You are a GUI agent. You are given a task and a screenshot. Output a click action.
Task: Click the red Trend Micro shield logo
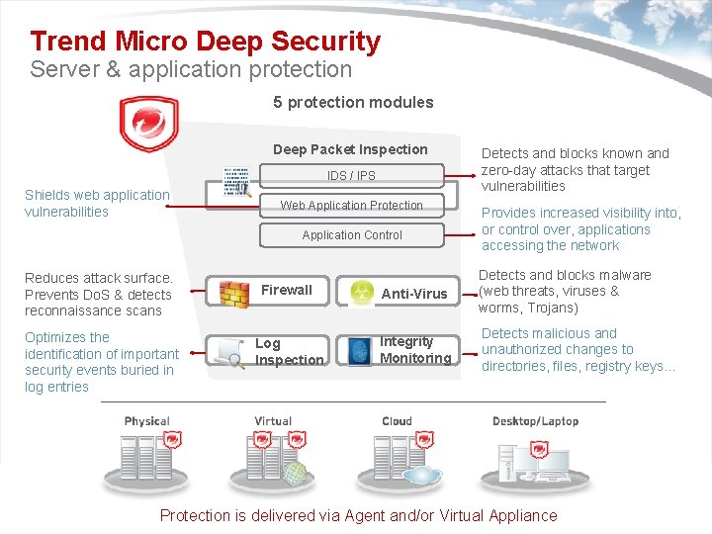[148, 125]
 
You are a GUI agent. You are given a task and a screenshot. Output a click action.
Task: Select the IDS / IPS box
[351, 176]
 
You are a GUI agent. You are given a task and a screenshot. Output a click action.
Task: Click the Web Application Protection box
[351, 206]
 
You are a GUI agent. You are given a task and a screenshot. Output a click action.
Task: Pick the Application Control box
[351, 235]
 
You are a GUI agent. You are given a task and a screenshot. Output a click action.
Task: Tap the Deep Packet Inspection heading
[350, 149]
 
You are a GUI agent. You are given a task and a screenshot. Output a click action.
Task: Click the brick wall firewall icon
[234, 293]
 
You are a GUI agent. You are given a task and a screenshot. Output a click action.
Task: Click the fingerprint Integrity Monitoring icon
[359, 351]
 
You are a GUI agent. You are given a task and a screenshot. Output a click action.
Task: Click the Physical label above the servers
[147, 421]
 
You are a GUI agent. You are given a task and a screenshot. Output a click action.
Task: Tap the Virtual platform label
[273, 421]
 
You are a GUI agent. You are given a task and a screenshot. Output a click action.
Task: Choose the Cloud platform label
[397, 421]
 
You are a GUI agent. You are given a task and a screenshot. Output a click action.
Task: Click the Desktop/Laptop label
[535, 421]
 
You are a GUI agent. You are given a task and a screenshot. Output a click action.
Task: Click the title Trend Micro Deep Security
[205, 42]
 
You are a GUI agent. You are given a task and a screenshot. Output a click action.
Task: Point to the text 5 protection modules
[353, 102]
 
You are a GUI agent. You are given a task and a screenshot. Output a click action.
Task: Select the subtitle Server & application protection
[191, 69]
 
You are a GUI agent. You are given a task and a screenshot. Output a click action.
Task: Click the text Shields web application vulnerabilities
[97, 203]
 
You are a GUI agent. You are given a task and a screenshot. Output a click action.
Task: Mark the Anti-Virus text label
[414, 294]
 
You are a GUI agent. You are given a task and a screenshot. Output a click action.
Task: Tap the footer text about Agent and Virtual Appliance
[358, 515]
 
